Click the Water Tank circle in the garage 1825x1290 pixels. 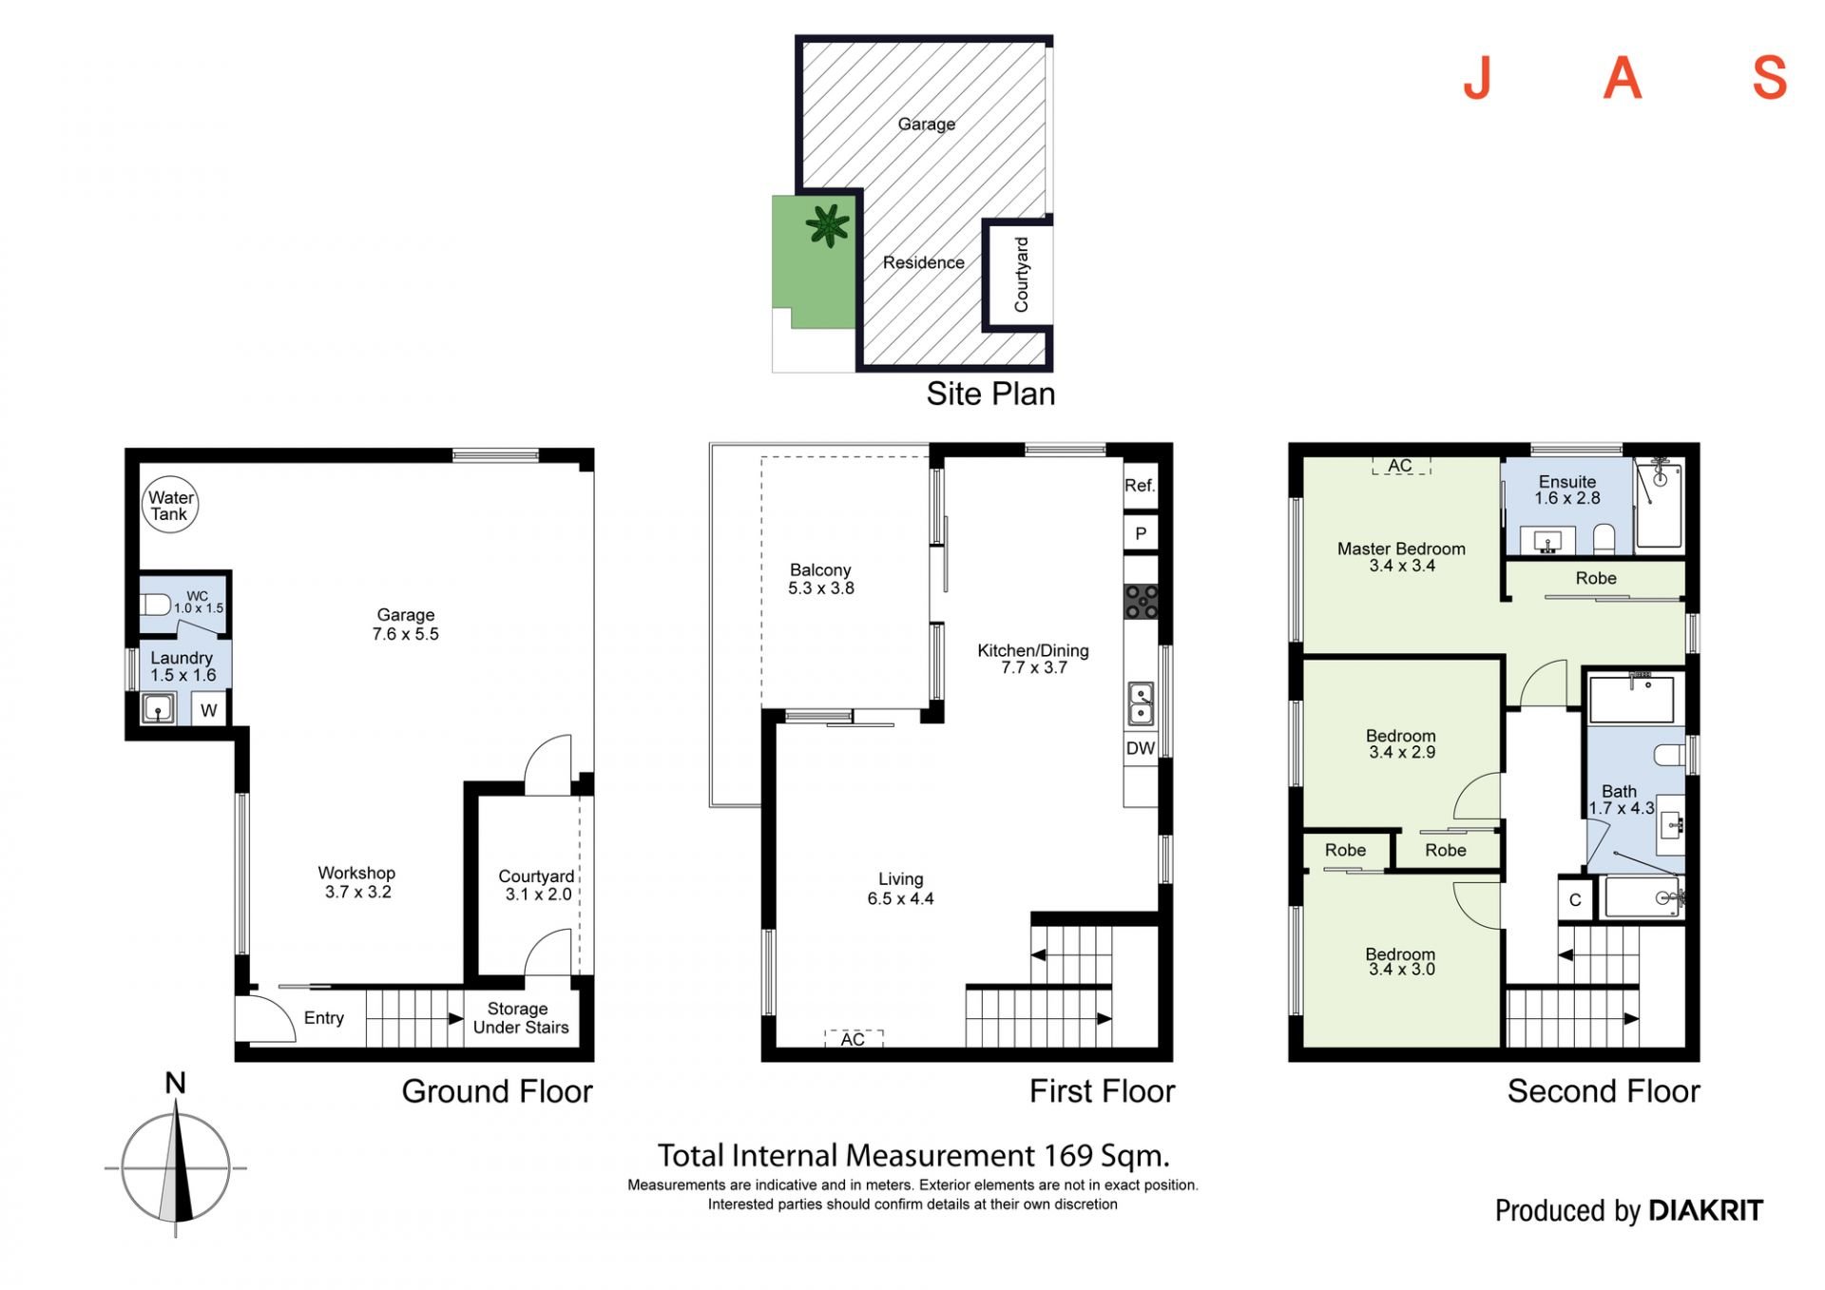(x=170, y=504)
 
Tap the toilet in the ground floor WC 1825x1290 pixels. (x=155, y=604)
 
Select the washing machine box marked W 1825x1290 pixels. (x=209, y=709)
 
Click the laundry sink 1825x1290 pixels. (x=158, y=709)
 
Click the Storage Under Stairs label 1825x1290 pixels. (x=521, y=1018)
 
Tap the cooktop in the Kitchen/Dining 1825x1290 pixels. (x=1141, y=602)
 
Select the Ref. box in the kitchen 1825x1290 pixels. (x=1141, y=486)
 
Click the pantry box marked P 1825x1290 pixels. (x=1141, y=533)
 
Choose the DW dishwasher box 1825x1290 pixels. (x=1141, y=748)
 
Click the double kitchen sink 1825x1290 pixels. (x=1141, y=704)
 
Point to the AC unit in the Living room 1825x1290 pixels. (x=854, y=1039)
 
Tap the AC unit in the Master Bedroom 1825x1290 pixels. (x=1401, y=466)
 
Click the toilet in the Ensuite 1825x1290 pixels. (x=1604, y=539)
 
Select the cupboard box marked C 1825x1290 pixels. (x=1575, y=900)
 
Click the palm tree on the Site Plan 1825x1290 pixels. (x=828, y=226)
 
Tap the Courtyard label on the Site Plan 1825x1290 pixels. (x=1022, y=275)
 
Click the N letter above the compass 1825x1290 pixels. (x=175, y=1083)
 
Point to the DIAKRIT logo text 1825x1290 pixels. (x=1705, y=1210)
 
